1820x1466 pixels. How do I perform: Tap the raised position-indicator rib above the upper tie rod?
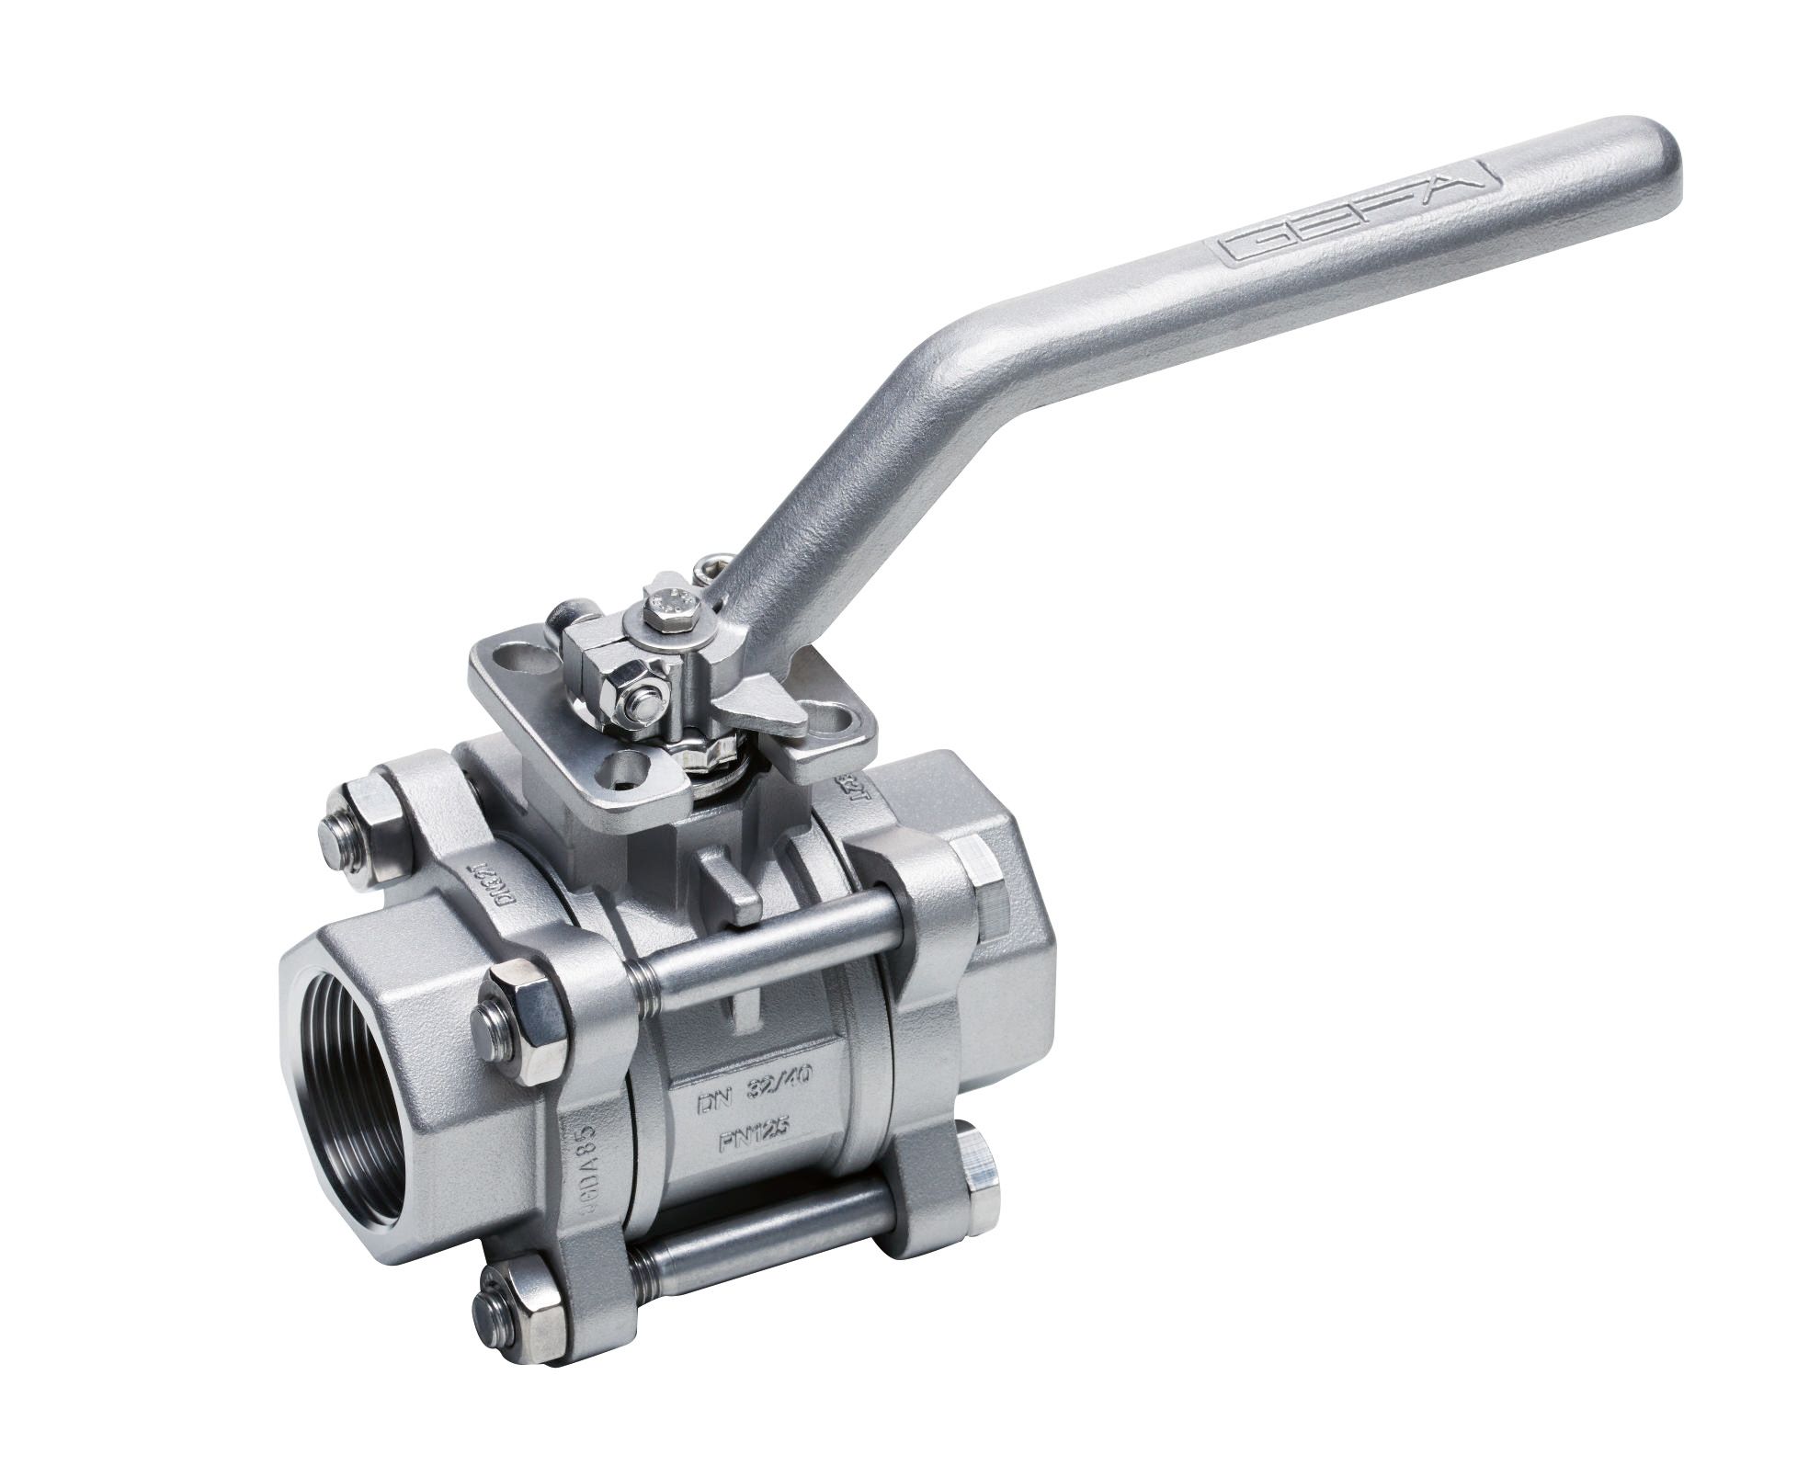[x=732, y=883]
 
